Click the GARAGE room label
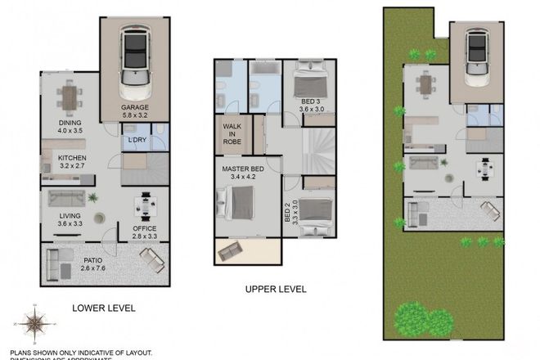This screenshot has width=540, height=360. click(134, 107)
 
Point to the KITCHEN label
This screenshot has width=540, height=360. click(72, 159)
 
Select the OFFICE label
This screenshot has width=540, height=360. click(144, 228)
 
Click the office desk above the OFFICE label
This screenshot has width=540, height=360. click(147, 200)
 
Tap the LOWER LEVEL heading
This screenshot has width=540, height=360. click(103, 308)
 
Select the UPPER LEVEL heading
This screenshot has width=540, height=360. click(276, 289)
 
